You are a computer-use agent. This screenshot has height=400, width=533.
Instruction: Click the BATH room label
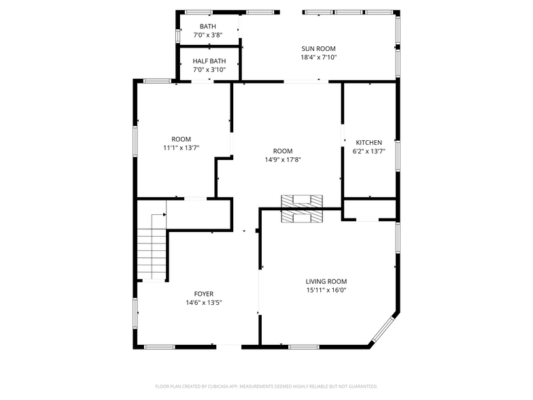pos(208,27)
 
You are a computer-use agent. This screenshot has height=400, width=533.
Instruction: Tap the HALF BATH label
pos(208,61)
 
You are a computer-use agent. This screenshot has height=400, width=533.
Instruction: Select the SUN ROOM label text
pos(319,49)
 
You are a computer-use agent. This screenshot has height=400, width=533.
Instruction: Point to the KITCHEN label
pos(369,143)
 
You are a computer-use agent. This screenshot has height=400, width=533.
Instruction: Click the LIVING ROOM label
pos(326,282)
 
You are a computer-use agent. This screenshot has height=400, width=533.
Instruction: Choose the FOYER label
pos(204,294)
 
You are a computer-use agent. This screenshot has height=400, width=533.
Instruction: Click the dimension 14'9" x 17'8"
pos(283,160)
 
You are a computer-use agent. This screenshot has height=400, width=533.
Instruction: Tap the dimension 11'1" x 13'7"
pos(181,148)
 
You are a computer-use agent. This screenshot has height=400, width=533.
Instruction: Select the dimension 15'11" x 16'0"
pos(326,290)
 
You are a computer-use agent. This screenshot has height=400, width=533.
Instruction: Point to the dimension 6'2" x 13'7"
pos(369,152)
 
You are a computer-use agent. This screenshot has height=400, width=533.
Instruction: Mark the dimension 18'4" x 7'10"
pos(319,58)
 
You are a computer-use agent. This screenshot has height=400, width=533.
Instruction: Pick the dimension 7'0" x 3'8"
pos(208,35)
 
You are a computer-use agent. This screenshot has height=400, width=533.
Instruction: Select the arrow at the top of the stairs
pos(163,214)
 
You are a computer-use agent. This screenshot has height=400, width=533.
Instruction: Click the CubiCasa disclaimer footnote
pos(266,386)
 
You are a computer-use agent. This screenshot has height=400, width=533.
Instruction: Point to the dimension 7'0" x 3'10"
pos(208,69)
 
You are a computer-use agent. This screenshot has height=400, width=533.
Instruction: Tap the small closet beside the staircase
pos(199,214)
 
